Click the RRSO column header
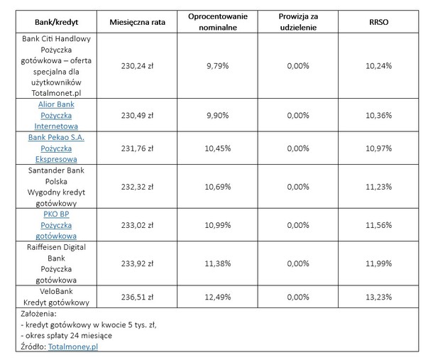click(378, 22)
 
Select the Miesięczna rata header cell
click(137, 23)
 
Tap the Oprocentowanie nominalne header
click(218, 22)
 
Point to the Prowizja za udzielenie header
click(298, 22)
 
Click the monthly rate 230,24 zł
click(137, 66)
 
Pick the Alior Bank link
click(56, 104)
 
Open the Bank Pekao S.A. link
click(56, 137)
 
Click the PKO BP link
click(56, 214)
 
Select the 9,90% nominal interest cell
click(218, 115)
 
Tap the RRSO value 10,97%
click(378, 148)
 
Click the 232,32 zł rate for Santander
click(137, 187)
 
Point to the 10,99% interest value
click(218, 225)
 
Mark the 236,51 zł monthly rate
click(137, 297)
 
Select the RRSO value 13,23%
click(378, 297)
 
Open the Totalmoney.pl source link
click(73, 347)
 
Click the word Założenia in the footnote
click(38, 314)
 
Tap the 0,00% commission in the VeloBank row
click(298, 297)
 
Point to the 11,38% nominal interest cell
click(218, 263)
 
